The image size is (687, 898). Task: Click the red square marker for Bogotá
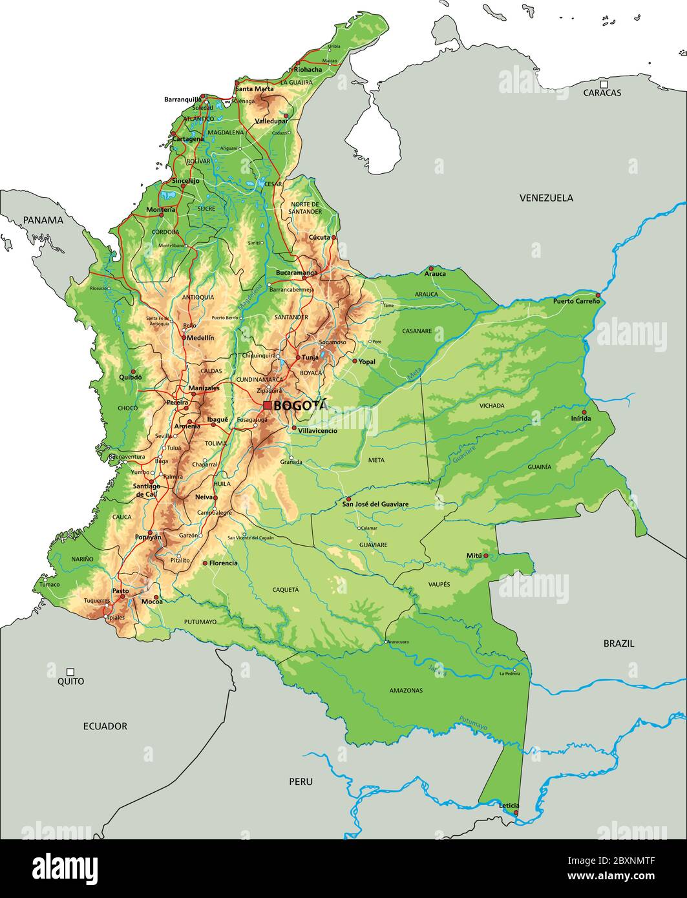(x=267, y=406)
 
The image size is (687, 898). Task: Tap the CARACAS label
(x=602, y=93)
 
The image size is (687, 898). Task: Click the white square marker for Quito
(x=70, y=672)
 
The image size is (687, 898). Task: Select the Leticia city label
(x=509, y=805)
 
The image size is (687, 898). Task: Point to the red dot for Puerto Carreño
(x=598, y=295)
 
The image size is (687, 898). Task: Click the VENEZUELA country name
(x=546, y=198)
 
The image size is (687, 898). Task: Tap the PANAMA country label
(x=43, y=220)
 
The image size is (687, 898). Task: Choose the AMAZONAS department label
(x=406, y=691)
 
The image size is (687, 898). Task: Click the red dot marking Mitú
(x=486, y=555)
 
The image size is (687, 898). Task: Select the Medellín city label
(x=200, y=337)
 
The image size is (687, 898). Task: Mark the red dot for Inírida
(x=584, y=412)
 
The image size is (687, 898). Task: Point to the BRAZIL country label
(x=618, y=643)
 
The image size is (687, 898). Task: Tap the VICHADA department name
(x=492, y=406)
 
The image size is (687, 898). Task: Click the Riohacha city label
(x=308, y=70)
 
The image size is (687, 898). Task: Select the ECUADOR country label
(x=105, y=726)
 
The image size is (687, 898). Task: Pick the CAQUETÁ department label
(x=285, y=589)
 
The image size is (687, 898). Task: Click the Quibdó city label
(x=131, y=377)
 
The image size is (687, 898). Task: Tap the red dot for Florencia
(x=205, y=563)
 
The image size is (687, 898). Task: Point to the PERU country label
(x=301, y=782)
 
